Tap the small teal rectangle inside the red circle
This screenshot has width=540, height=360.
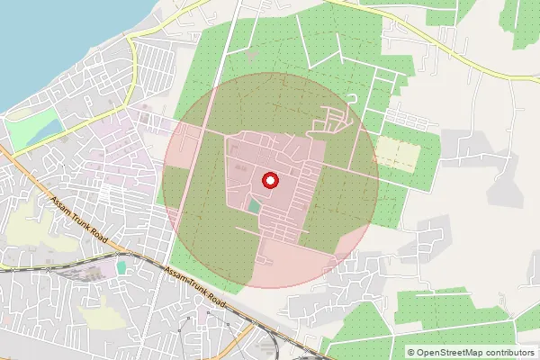[x=255, y=207]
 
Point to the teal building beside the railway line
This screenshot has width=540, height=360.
[x=121, y=267]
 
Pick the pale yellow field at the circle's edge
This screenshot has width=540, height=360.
[x=395, y=152]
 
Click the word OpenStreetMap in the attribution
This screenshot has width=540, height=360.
[x=454, y=352]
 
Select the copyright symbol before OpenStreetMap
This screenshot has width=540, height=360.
[x=411, y=352]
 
